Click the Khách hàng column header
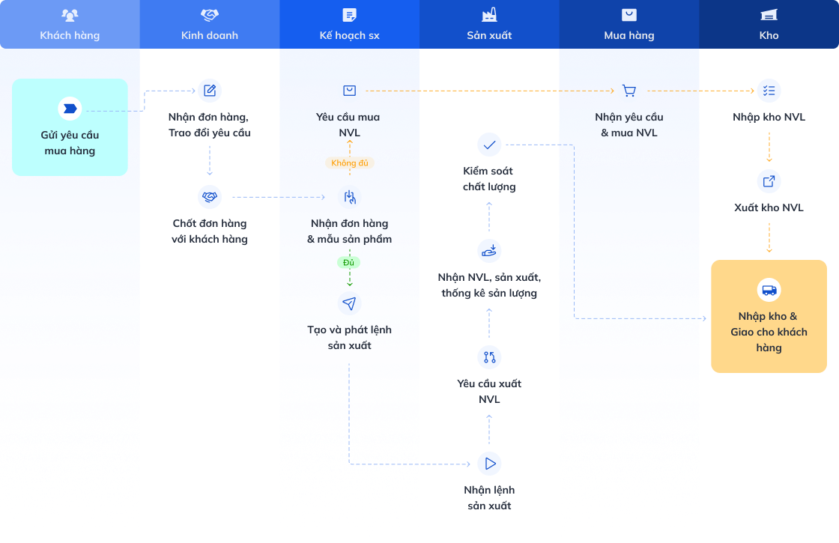point(70,25)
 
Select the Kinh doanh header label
point(210,35)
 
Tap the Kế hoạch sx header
point(349,25)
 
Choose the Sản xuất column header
point(489,25)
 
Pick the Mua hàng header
point(629,25)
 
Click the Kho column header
point(769,25)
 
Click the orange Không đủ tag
point(350,163)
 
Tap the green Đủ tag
point(349,263)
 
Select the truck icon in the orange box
point(769,290)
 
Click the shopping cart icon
point(629,91)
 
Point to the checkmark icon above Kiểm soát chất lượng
point(489,145)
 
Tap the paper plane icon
point(349,303)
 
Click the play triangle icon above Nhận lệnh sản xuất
point(490,464)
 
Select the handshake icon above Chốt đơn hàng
point(210,197)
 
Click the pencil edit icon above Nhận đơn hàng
point(210,91)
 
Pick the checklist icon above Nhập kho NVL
point(769,91)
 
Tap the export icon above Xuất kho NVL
point(769,181)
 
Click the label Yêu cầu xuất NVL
point(489,392)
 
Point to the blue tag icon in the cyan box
point(70,109)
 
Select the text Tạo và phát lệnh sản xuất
point(349,338)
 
